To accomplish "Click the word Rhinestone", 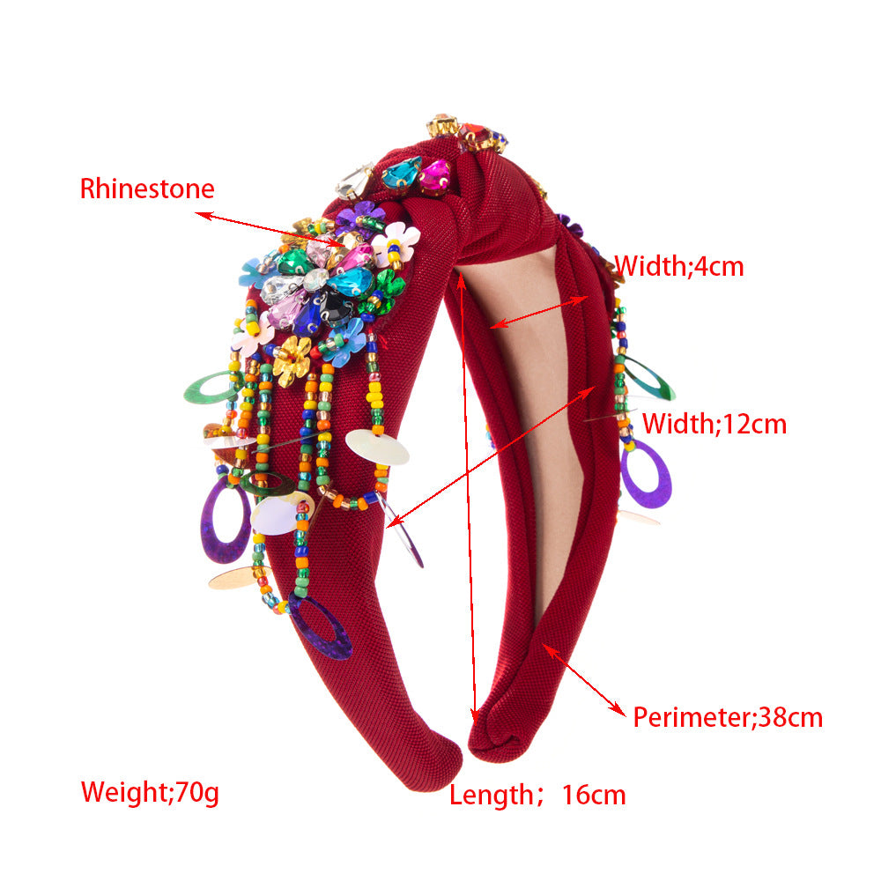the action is (147, 189).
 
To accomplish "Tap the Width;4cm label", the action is (679, 266).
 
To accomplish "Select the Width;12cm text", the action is (714, 424).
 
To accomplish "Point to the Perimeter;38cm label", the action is (728, 717).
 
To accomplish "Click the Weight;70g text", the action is (150, 792).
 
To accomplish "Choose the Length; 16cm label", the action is (537, 795).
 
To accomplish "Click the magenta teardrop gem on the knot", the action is (435, 174).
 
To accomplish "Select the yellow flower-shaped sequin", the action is (292, 361).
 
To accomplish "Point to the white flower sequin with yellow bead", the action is (396, 243).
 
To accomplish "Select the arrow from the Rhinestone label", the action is (270, 229).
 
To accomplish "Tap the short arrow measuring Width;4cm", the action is (539, 312).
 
